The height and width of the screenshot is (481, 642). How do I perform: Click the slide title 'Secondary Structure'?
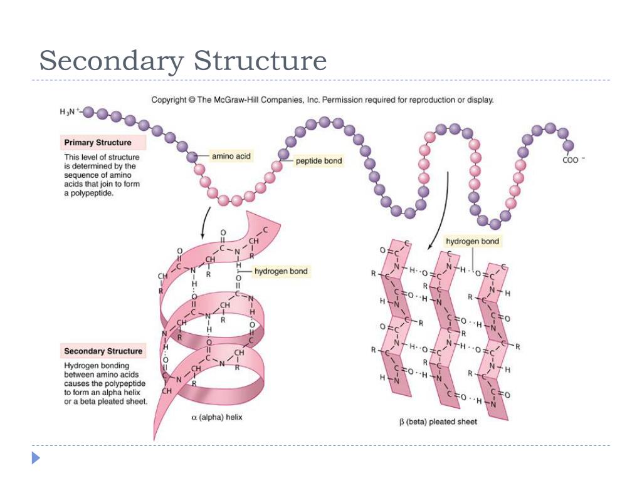click(x=182, y=62)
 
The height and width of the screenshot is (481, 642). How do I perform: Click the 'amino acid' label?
click(x=231, y=155)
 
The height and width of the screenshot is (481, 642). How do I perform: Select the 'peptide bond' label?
click(x=320, y=161)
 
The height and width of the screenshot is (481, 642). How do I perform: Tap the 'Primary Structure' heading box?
click(x=98, y=143)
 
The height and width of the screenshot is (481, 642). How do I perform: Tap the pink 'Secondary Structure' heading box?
click(x=103, y=351)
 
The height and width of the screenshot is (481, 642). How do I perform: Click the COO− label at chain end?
click(x=572, y=160)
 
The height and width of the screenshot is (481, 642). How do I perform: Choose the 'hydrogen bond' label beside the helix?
click(x=280, y=272)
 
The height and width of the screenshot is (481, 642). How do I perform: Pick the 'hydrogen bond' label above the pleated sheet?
click(x=473, y=241)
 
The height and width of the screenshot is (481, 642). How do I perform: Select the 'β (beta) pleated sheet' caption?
click(x=438, y=422)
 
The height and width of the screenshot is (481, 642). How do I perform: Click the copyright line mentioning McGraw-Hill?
click(x=322, y=100)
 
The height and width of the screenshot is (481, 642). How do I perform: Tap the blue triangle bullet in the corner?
click(x=36, y=458)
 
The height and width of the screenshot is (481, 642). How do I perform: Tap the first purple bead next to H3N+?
click(x=88, y=113)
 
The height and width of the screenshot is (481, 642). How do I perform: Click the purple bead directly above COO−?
click(x=568, y=145)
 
